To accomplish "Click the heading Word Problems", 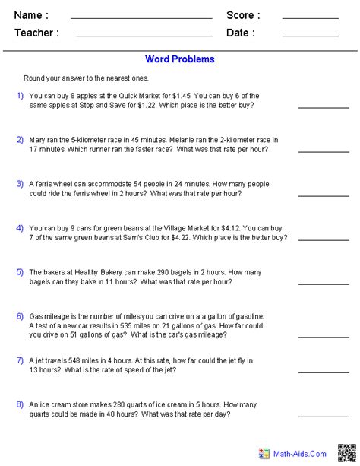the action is click(x=180, y=59).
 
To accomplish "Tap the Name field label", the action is click(x=31, y=15).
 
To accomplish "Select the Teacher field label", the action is click(x=36, y=33).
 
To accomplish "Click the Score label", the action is click(x=243, y=15).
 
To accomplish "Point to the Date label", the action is click(x=241, y=33).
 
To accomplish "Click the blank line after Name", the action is click(x=141, y=18).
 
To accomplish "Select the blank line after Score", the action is click(x=310, y=18).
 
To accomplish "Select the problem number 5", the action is click(x=20, y=271).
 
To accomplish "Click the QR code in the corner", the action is click(x=347, y=452).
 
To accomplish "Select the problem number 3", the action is click(x=20, y=183).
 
